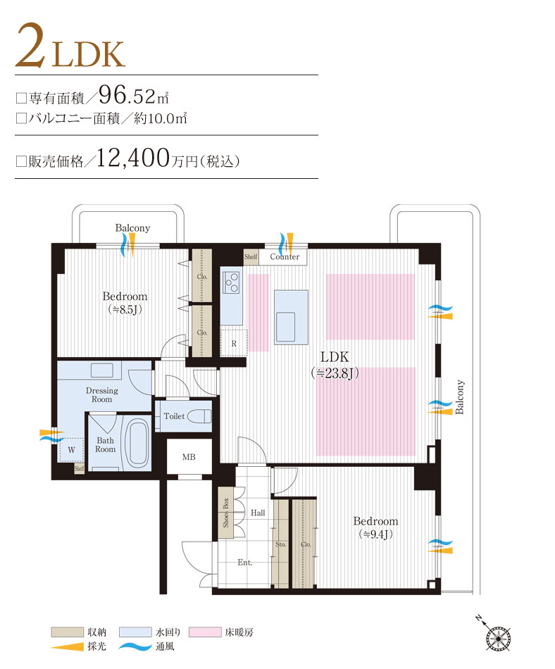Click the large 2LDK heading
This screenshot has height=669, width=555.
point(70,46)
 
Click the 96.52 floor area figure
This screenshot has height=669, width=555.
point(132,94)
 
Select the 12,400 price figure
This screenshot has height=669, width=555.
point(133,158)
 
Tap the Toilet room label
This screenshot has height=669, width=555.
point(174,416)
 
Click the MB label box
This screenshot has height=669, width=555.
point(189,458)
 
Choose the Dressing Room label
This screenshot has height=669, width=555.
point(102,395)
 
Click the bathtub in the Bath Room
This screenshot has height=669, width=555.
point(136,442)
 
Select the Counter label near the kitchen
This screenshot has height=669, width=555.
point(285,257)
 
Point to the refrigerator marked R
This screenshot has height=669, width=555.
point(234,343)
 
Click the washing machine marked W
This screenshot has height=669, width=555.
point(71,448)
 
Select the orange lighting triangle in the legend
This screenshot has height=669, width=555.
point(67,646)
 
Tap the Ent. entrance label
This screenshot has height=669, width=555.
point(245,563)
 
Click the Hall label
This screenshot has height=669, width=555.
point(258,513)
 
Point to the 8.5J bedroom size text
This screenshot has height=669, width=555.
point(125,309)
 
